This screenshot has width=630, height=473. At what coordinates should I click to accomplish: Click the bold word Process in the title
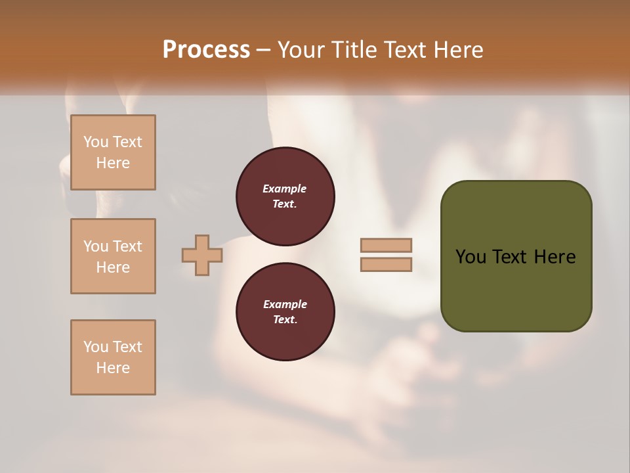(206, 49)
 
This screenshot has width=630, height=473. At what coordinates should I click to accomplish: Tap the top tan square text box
(113, 152)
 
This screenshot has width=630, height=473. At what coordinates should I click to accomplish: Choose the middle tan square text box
(113, 256)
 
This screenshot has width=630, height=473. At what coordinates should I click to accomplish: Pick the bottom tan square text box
(113, 357)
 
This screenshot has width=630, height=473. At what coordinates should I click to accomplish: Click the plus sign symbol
(201, 255)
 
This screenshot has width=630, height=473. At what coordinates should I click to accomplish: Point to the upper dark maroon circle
(285, 196)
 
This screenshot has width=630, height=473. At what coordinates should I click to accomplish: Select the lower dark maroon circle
(285, 311)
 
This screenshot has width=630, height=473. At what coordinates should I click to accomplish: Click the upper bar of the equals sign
(386, 246)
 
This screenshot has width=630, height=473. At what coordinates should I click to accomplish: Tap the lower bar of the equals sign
(386, 265)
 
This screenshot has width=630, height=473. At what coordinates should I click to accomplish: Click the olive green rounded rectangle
(516, 289)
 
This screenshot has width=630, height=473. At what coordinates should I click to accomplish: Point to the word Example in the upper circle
(285, 189)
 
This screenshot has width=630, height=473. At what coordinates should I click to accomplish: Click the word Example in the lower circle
(285, 304)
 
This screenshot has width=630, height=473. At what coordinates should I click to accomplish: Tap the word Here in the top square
(113, 163)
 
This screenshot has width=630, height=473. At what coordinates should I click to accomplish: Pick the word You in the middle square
(94, 246)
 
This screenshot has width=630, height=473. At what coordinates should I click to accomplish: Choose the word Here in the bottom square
(113, 368)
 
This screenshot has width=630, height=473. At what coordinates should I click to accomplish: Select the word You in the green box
(470, 257)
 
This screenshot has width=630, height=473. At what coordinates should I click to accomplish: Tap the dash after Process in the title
(263, 50)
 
